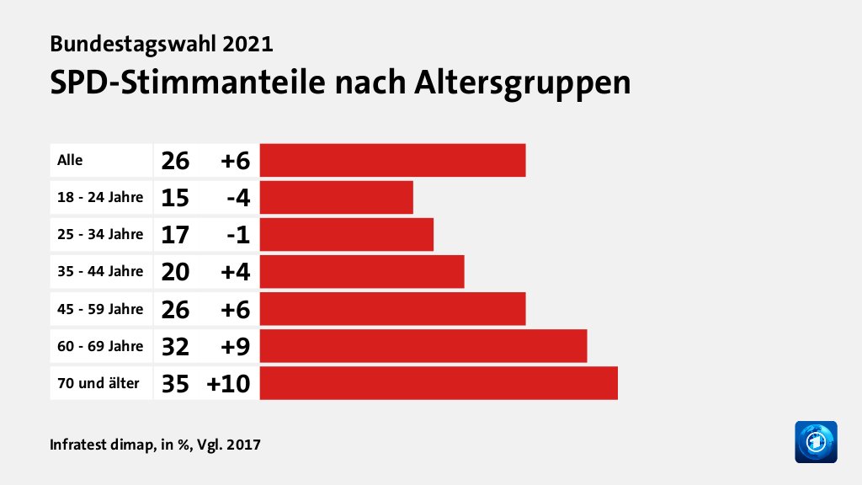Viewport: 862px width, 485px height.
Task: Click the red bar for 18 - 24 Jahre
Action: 336,197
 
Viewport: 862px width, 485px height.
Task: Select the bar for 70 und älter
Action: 439,382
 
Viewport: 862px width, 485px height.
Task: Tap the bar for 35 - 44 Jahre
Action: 362,271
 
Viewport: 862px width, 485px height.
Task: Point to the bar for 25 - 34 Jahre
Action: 346,234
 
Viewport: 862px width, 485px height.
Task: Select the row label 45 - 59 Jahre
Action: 99,309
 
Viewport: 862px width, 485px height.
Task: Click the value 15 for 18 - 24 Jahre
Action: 175,197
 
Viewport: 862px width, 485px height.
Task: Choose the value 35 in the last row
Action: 175,383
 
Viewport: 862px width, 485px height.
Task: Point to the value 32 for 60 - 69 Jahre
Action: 175,346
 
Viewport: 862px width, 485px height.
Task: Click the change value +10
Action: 229,383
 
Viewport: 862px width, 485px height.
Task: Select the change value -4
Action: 239,197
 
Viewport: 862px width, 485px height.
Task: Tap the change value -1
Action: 239,234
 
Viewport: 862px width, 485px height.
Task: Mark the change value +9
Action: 235,346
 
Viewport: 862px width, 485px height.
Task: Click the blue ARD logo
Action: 816,441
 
